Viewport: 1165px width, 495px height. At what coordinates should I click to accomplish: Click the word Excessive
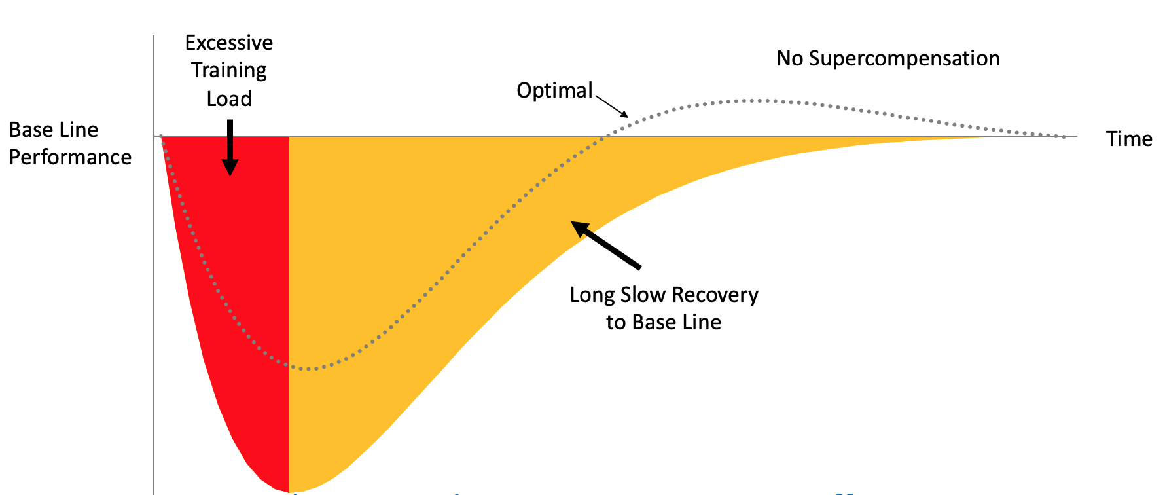[x=228, y=43]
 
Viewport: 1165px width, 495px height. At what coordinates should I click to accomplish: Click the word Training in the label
[x=228, y=71]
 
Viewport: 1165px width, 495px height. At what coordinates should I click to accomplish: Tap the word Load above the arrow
[x=228, y=99]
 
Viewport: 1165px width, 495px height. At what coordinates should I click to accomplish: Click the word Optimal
[x=554, y=90]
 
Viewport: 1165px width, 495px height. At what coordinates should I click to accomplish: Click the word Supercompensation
[x=904, y=59]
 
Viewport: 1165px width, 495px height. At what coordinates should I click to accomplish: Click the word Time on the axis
[x=1128, y=139]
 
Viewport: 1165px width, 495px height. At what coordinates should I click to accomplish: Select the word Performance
[x=70, y=157]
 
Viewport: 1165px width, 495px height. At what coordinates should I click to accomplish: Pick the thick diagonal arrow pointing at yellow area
[x=606, y=245]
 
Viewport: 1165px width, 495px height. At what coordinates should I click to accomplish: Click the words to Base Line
[x=663, y=322]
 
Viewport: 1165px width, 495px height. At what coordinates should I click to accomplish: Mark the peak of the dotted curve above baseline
[x=753, y=100]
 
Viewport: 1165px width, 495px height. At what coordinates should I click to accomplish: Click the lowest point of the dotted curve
[x=309, y=369]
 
